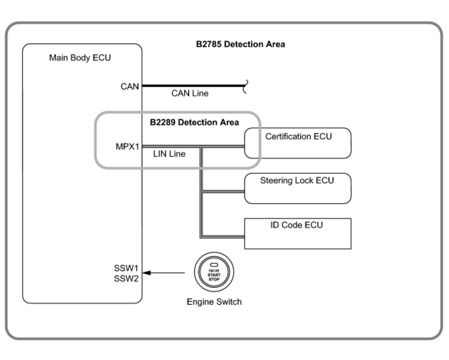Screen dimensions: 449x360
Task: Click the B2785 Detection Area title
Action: click(240, 44)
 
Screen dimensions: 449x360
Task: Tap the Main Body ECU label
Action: click(80, 58)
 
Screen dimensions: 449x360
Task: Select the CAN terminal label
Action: click(130, 87)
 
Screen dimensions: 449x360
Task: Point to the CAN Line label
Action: click(190, 93)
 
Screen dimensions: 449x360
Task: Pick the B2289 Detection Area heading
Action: click(194, 122)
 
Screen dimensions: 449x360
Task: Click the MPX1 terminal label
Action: click(127, 147)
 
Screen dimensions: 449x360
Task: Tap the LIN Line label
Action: click(169, 154)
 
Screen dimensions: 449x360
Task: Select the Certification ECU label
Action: click(298, 137)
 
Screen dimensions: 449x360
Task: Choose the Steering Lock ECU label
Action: click(297, 180)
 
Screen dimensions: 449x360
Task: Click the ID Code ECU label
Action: click(297, 225)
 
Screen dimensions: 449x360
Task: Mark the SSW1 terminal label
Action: click(126, 268)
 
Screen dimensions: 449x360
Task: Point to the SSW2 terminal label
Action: click(126, 279)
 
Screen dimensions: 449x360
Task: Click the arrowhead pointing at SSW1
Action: click(147, 273)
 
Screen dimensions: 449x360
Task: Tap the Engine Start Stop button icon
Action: click(214, 272)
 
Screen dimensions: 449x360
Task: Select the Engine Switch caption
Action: click(214, 302)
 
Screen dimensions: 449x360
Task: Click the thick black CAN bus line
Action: click(194, 85)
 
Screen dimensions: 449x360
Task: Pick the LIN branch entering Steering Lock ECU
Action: click(223, 191)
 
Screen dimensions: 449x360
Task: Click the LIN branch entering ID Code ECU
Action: click(223, 237)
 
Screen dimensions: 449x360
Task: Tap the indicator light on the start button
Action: click(214, 265)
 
